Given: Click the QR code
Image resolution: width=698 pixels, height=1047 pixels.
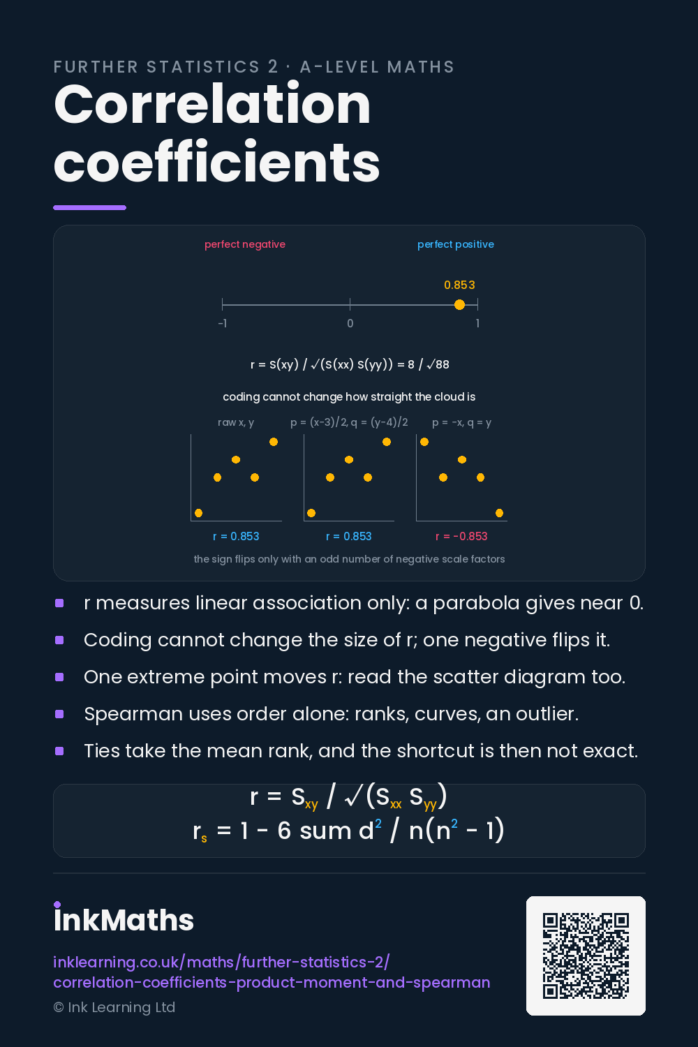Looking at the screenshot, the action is (x=586, y=956).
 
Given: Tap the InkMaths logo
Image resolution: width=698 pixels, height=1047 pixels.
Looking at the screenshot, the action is (x=124, y=917).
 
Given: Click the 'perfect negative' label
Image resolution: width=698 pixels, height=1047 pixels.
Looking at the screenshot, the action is (x=244, y=244).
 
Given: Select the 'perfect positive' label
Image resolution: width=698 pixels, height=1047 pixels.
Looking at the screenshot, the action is (x=455, y=244).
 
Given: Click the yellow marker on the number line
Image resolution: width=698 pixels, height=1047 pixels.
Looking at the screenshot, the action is (x=459, y=305).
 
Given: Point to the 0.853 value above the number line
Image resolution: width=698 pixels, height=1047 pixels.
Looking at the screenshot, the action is (x=459, y=285).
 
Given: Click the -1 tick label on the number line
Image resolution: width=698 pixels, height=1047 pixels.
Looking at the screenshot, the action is (x=223, y=323).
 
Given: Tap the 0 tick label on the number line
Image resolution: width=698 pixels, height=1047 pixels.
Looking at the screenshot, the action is (x=350, y=323).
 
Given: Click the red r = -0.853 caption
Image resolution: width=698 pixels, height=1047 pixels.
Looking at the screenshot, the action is (x=461, y=536).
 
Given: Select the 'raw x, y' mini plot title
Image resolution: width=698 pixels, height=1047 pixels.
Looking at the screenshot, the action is (x=236, y=422).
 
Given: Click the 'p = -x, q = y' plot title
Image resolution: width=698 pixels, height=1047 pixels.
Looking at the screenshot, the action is (x=461, y=422).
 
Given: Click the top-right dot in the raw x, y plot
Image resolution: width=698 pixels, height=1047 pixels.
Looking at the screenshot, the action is (x=274, y=442).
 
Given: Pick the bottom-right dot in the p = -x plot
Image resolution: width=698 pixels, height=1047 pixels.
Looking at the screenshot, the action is (x=499, y=513).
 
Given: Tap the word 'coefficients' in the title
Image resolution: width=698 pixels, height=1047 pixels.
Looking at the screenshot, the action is (x=216, y=161).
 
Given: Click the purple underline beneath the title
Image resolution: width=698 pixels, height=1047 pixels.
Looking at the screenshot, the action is (x=90, y=207).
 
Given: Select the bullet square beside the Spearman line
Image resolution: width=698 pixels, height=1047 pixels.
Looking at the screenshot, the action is (x=59, y=714).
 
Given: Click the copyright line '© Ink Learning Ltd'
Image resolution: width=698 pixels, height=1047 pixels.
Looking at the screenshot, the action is (x=114, y=1007).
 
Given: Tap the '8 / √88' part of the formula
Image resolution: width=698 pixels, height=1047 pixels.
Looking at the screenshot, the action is (x=429, y=364).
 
